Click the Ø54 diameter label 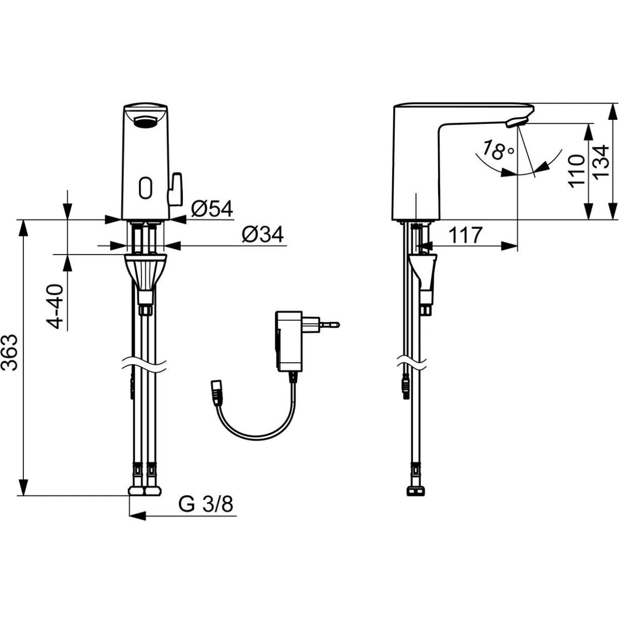tap(212, 209)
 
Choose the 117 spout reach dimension tap(466, 235)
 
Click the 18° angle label tap(498, 150)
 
